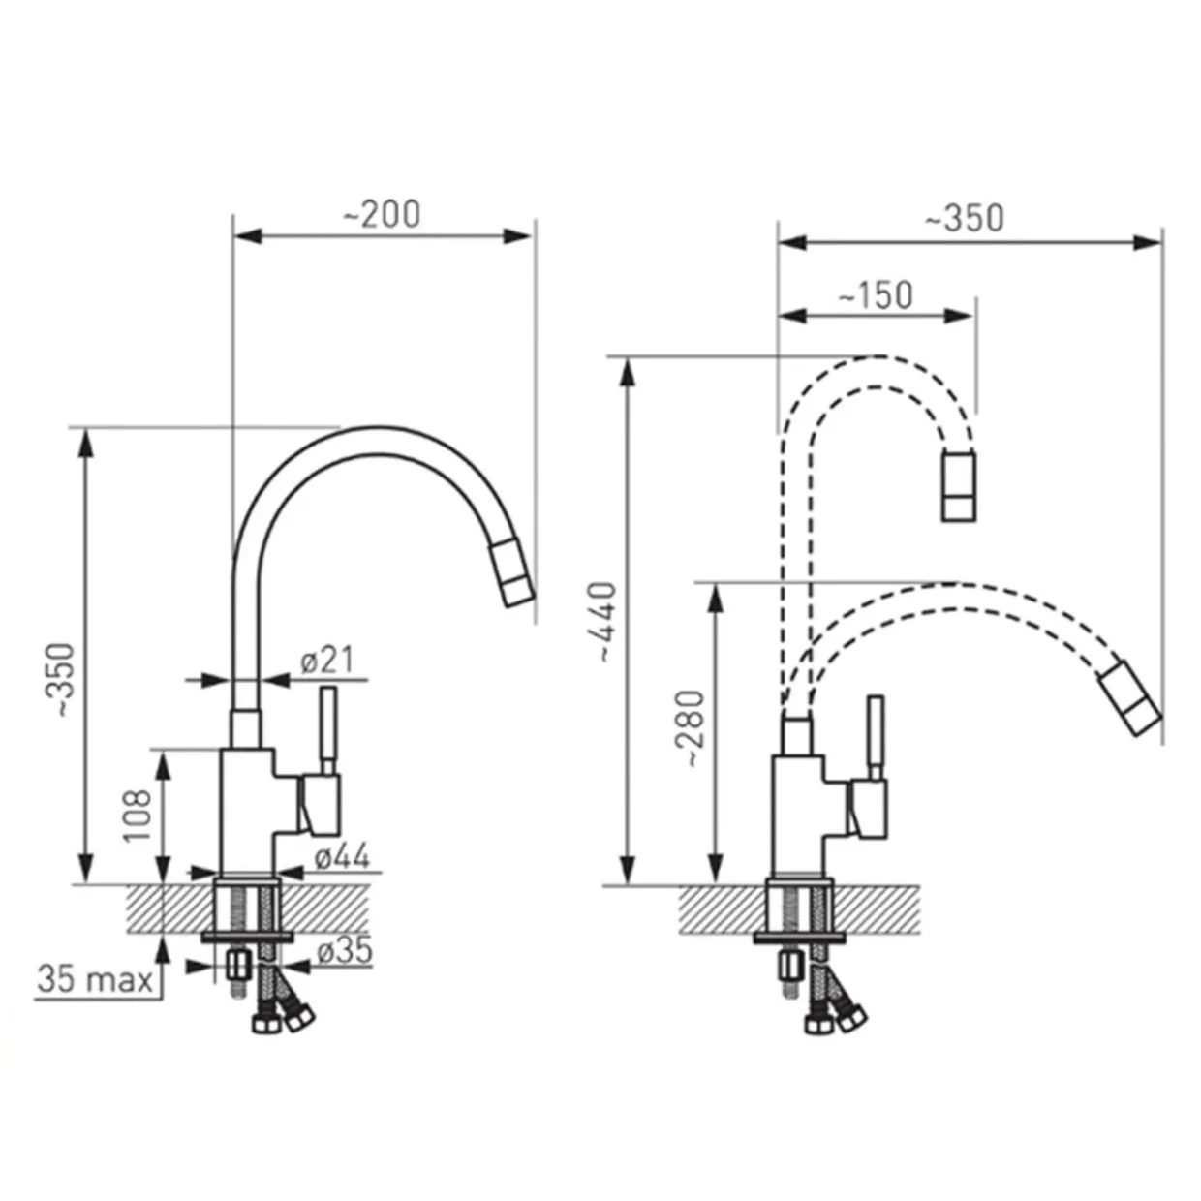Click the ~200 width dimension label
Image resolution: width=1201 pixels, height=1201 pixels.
point(382,214)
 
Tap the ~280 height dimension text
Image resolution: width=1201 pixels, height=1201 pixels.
point(693,728)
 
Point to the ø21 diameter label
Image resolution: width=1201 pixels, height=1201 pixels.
point(327,660)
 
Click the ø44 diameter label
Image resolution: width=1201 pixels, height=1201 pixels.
point(342,856)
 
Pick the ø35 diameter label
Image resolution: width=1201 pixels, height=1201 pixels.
point(345,950)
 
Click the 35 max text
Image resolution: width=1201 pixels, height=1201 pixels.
point(95,979)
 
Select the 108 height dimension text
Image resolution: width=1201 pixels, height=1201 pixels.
point(138,816)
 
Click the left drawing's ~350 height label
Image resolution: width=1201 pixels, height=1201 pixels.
point(64,680)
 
